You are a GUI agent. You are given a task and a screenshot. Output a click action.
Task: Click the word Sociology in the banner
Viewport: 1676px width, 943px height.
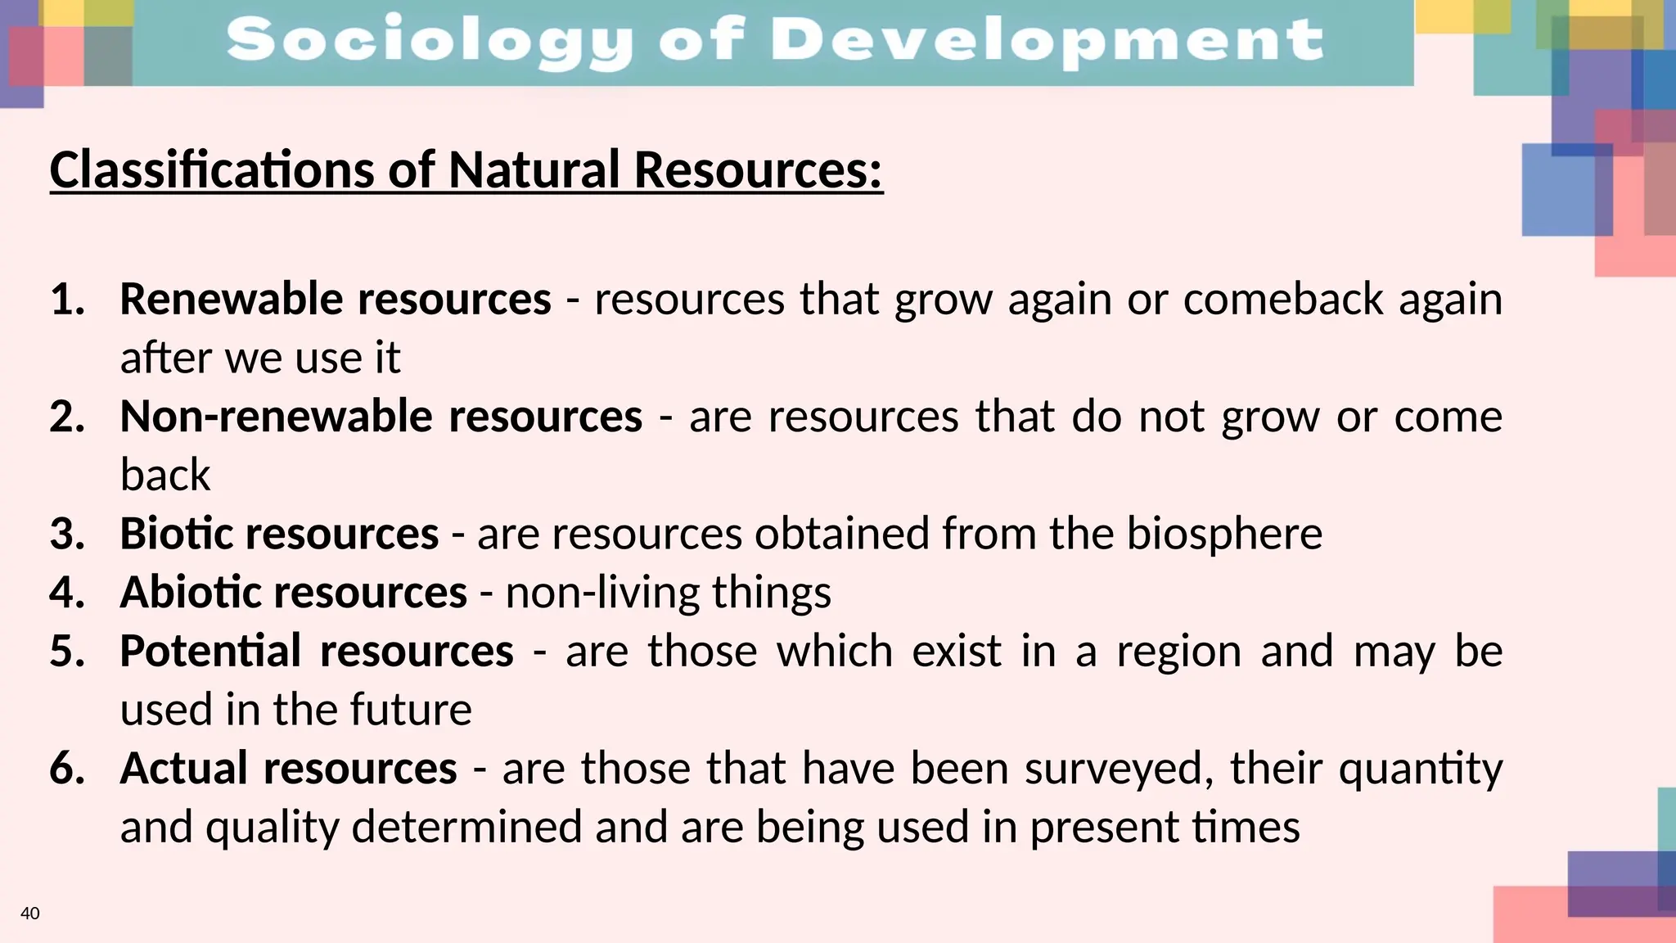[430, 41]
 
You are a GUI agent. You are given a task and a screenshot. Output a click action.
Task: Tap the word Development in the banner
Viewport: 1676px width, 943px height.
[1047, 41]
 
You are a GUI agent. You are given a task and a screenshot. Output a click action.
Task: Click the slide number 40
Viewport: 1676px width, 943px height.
[29, 914]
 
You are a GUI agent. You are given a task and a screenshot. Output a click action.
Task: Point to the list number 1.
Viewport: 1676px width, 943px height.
[67, 299]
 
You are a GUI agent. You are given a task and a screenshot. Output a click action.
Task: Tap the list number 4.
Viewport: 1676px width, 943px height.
[67, 592]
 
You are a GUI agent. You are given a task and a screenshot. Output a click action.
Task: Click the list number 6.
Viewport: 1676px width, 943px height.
[67, 769]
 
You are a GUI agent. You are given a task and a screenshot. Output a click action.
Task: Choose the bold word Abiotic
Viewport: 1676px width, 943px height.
[191, 592]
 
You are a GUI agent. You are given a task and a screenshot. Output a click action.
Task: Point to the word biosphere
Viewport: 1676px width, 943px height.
[1224, 534]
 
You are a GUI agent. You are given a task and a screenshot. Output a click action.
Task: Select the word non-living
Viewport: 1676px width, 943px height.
[601, 592]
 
